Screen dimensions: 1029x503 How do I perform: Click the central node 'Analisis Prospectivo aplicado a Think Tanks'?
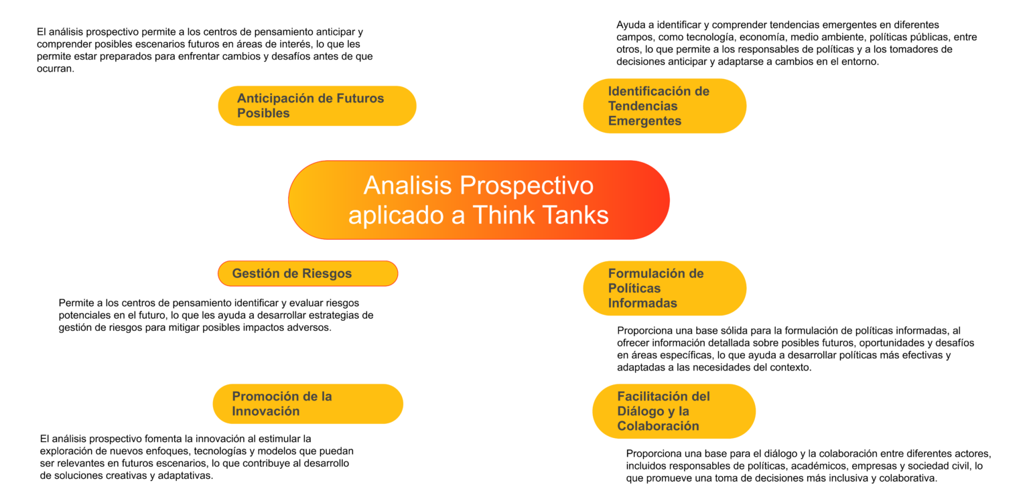click(479, 200)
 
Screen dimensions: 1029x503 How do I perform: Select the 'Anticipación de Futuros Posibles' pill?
click(317, 106)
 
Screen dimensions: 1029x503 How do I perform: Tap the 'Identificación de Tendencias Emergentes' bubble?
click(665, 106)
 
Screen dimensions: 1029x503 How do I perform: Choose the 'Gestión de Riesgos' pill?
click(307, 273)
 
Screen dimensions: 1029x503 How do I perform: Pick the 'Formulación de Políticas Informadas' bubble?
click(665, 288)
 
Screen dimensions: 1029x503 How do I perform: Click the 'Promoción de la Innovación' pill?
click(307, 404)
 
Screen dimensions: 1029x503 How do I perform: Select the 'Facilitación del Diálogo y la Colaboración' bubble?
click(674, 411)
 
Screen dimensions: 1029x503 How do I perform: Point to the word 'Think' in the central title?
click(504, 215)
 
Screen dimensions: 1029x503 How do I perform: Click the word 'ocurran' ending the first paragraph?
click(54, 69)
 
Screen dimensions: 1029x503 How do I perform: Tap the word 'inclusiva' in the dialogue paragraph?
click(850, 478)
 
